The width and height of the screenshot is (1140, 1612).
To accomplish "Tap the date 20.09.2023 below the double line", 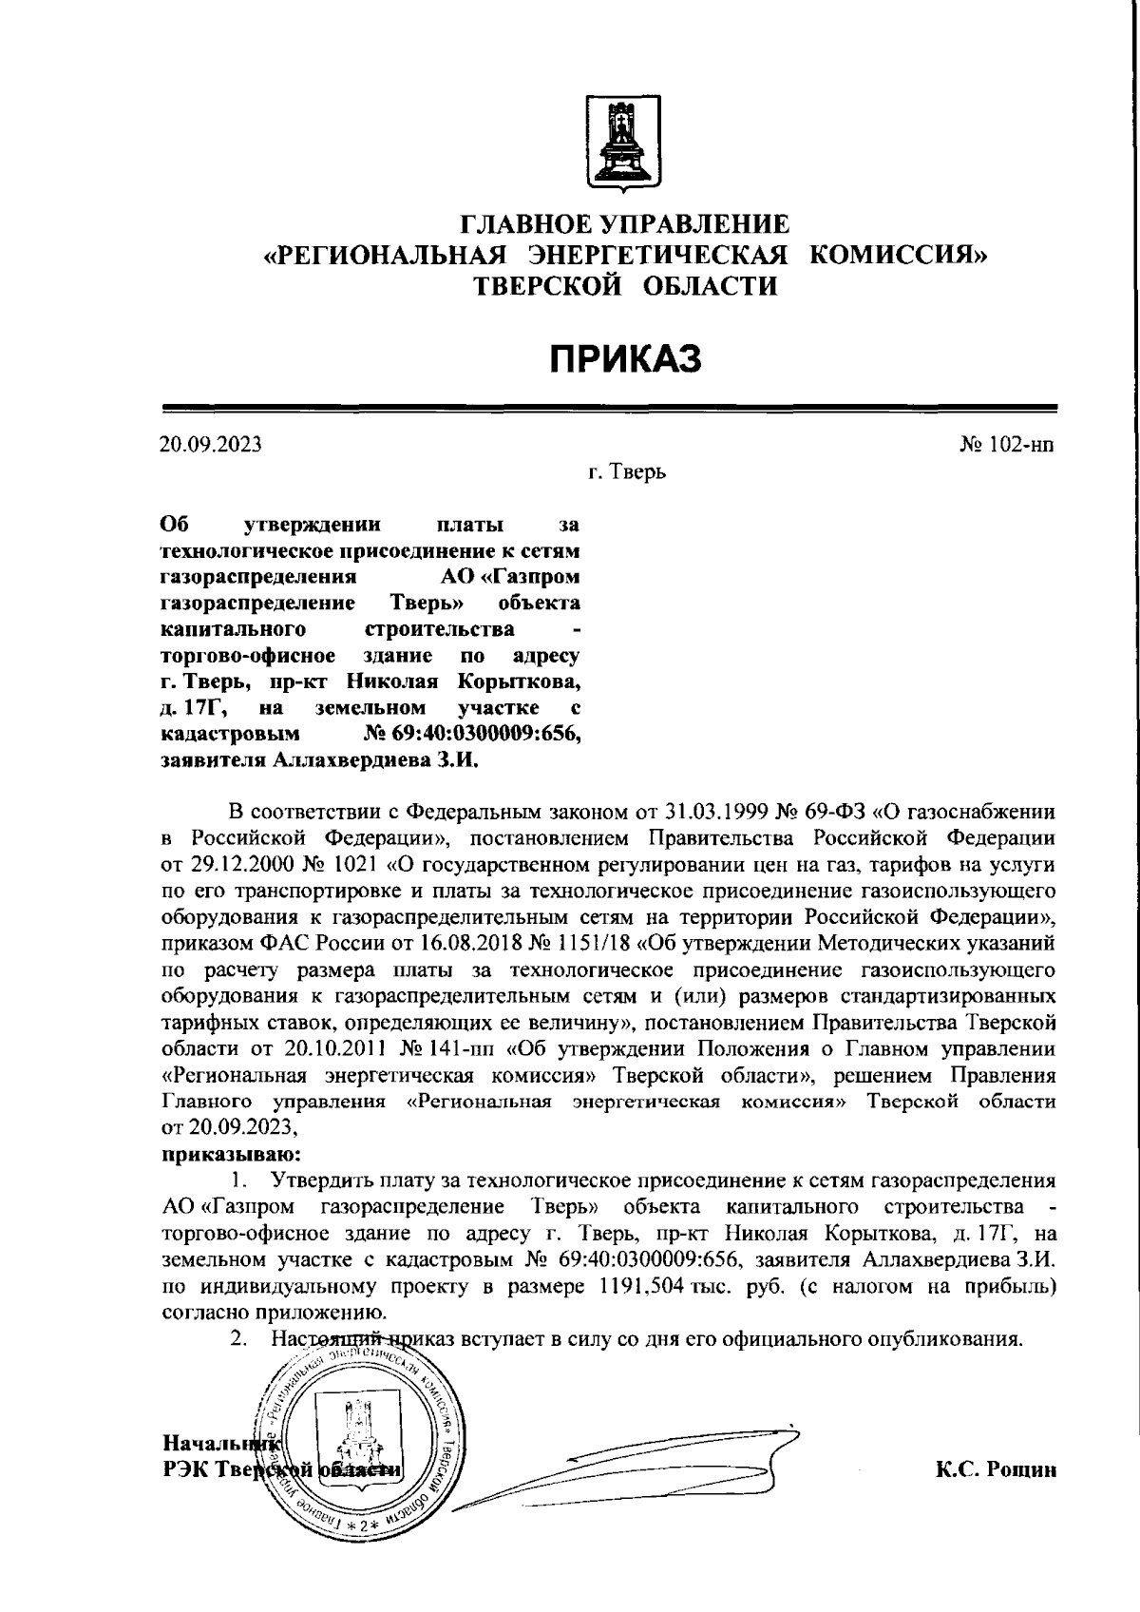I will (210, 445).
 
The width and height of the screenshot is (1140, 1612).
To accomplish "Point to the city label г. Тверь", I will (627, 471).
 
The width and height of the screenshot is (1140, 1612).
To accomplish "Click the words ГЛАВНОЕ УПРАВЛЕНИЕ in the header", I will (625, 225).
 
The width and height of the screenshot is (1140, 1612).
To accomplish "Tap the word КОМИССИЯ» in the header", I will (898, 256).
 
